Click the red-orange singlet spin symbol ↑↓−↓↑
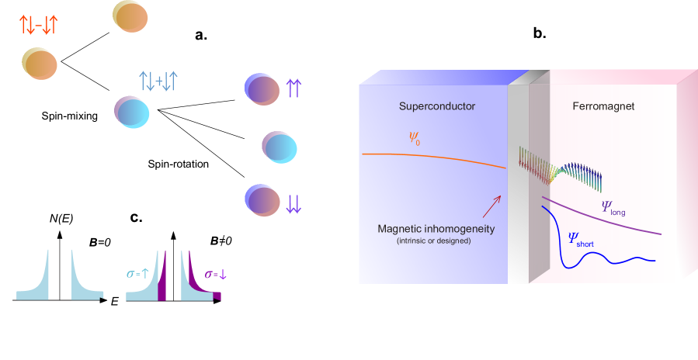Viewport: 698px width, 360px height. point(37,25)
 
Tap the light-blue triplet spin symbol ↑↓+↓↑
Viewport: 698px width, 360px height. point(158,79)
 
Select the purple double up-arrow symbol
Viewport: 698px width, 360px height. point(293,88)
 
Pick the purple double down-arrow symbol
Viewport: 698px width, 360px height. point(293,203)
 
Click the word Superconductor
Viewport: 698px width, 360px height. point(436,106)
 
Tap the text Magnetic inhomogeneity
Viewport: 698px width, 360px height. point(436,229)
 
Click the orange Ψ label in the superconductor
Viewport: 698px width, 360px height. point(415,138)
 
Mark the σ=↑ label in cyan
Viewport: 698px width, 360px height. point(141,273)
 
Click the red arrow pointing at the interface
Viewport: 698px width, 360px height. point(491,206)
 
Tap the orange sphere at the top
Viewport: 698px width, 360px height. point(129,16)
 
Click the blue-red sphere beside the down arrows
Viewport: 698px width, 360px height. point(262,199)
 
